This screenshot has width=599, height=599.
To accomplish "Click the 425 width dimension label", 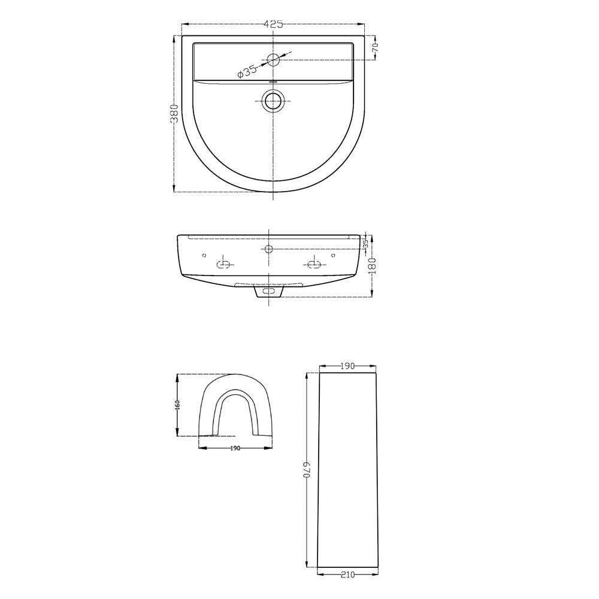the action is pos(274,25).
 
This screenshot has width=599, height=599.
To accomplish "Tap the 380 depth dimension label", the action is pos(174,113).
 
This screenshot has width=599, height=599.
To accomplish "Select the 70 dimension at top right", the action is pos(375,48).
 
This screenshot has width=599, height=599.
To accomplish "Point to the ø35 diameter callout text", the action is pos(247,71).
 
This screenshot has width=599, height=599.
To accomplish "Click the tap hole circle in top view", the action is pos(274,59).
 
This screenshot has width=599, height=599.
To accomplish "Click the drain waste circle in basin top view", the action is pos(273,101).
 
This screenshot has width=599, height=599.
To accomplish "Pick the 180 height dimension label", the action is pos(373,265).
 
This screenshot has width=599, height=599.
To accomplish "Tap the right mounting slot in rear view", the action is pos(315,263).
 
